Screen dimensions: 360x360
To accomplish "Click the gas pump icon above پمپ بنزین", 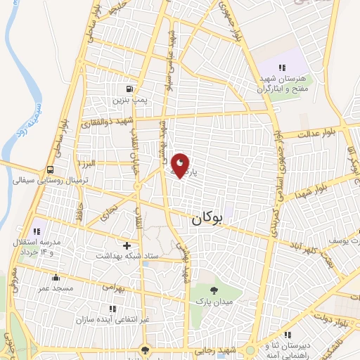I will coord(129,89).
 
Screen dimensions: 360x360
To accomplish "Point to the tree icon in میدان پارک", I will coord(214,290).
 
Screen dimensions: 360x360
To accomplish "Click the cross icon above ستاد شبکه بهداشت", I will coord(127,245).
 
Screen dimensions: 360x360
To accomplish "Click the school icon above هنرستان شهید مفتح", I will coord(282,67).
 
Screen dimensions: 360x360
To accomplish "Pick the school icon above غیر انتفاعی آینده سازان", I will coord(112,308).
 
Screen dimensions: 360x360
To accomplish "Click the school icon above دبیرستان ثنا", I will coord(288,335).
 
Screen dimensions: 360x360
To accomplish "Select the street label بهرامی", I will coord(113,287).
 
